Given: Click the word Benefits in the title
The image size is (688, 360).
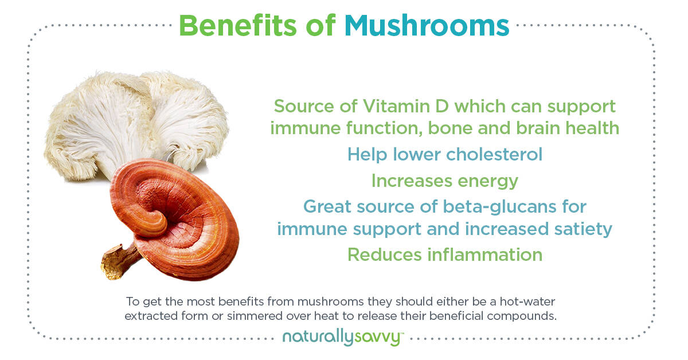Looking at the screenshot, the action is tap(238, 26).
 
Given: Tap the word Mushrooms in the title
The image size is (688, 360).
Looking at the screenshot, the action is tap(427, 26).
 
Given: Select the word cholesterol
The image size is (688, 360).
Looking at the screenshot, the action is tap(494, 154).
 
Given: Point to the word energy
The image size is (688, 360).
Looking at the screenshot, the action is tap(488, 182).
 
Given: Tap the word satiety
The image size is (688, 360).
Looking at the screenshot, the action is tap(583, 230).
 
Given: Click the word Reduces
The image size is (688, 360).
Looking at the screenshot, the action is tap(385, 255).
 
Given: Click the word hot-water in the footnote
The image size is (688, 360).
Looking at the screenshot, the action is tap(527, 302).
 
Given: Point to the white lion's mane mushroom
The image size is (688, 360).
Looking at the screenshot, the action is tap(135, 123).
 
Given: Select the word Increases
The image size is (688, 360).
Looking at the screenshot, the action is tap(412, 181).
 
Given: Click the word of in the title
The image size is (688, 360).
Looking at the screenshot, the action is tap(320, 26).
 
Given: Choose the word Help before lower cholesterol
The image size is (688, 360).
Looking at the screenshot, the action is tap(367, 155).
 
